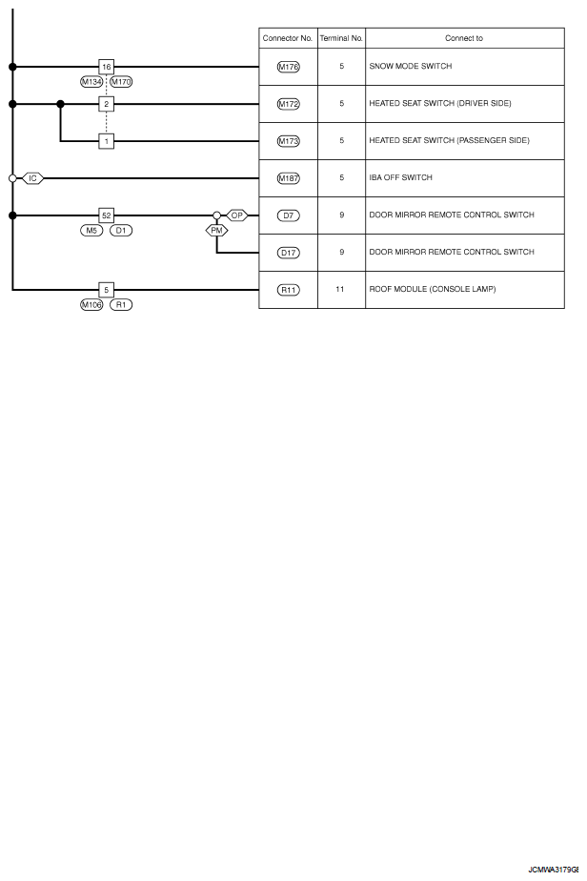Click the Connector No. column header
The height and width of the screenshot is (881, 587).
(x=288, y=38)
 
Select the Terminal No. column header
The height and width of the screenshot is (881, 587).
(x=341, y=38)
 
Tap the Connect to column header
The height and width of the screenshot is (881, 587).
(x=464, y=38)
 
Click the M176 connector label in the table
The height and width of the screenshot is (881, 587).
(x=289, y=67)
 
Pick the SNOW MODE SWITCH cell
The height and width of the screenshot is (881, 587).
(x=411, y=67)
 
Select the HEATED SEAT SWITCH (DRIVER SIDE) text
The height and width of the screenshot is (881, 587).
(x=440, y=103)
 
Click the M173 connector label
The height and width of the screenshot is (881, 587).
(x=289, y=141)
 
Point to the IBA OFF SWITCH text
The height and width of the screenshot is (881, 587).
(x=401, y=177)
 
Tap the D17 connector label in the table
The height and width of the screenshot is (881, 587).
(x=289, y=253)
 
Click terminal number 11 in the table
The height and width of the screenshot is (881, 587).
(x=340, y=289)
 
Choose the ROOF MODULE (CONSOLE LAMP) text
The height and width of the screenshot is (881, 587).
(x=433, y=289)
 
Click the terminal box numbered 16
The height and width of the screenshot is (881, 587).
(x=106, y=67)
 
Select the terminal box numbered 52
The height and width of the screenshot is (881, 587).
(x=106, y=215)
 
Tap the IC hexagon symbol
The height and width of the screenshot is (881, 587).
(x=32, y=178)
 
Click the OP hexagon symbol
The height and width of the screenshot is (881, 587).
(x=237, y=215)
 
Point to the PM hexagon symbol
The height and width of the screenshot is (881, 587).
(x=217, y=231)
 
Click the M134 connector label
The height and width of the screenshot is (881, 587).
(x=91, y=82)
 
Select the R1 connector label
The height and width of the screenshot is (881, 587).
(x=121, y=305)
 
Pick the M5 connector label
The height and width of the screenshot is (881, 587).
(x=91, y=231)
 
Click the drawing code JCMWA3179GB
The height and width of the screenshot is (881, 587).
(x=554, y=870)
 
